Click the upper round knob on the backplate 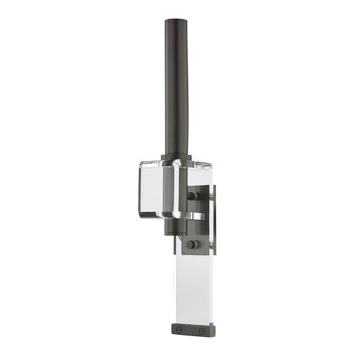tap(192, 196)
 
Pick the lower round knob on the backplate tap(192, 244)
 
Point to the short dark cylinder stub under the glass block tap(172, 227)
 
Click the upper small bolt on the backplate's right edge tap(211, 197)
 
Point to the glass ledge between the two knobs tap(197, 217)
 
